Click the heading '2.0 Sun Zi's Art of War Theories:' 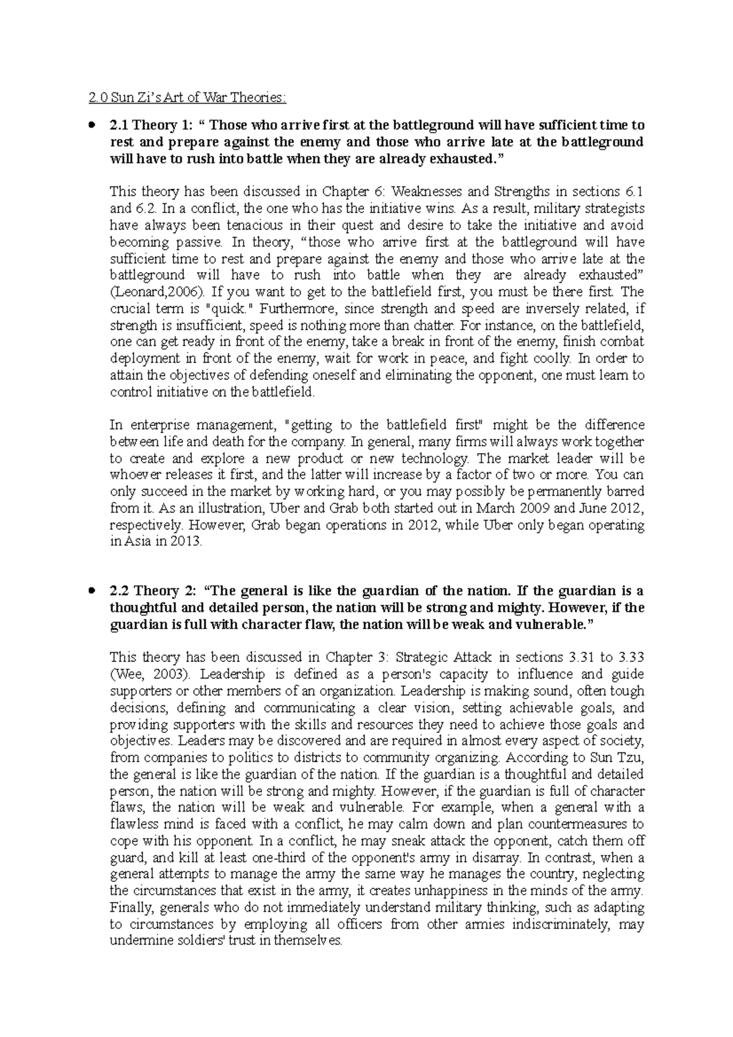click(x=186, y=98)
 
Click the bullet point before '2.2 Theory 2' click(x=92, y=591)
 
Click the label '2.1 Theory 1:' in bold click(x=150, y=126)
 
